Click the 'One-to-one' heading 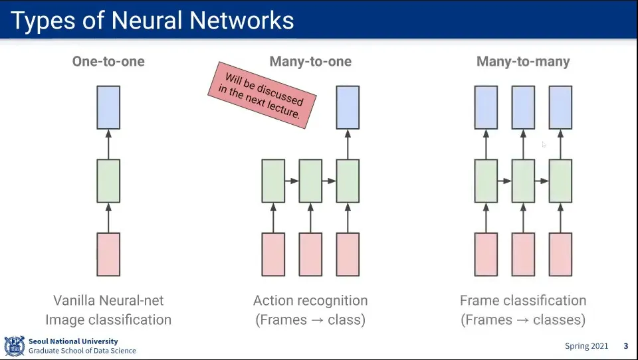tap(108, 61)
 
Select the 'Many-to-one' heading tap(310, 61)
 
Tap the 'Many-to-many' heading tap(523, 61)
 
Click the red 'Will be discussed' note tap(262, 95)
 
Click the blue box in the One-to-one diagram tap(108, 108)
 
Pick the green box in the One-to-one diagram tap(108, 181)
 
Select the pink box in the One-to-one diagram tap(108, 254)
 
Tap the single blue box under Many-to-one tap(348, 108)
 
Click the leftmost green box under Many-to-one tap(273, 181)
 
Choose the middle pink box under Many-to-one tap(310, 254)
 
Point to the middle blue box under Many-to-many tap(523, 108)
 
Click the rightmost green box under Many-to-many tap(560, 181)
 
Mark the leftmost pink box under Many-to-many tap(486, 254)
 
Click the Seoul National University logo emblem tap(14, 346)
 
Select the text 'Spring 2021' tap(586, 346)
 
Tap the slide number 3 tap(626, 346)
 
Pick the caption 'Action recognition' tap(310, 301)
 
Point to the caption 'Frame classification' tap(523, 301)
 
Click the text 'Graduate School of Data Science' tap(82, 351)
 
